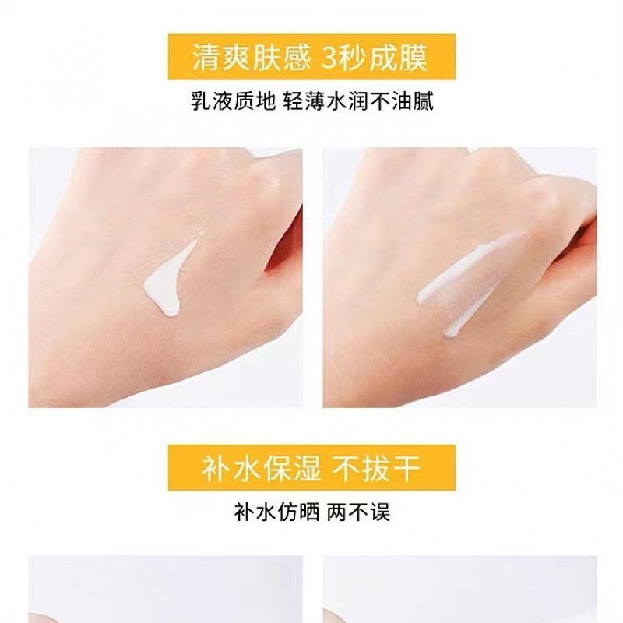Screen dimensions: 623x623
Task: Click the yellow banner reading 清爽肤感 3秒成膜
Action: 311,57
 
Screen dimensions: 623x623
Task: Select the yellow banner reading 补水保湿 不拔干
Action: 311,468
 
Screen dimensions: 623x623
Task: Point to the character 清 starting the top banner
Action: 205,58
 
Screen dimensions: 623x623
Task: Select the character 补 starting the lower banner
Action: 216,469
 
